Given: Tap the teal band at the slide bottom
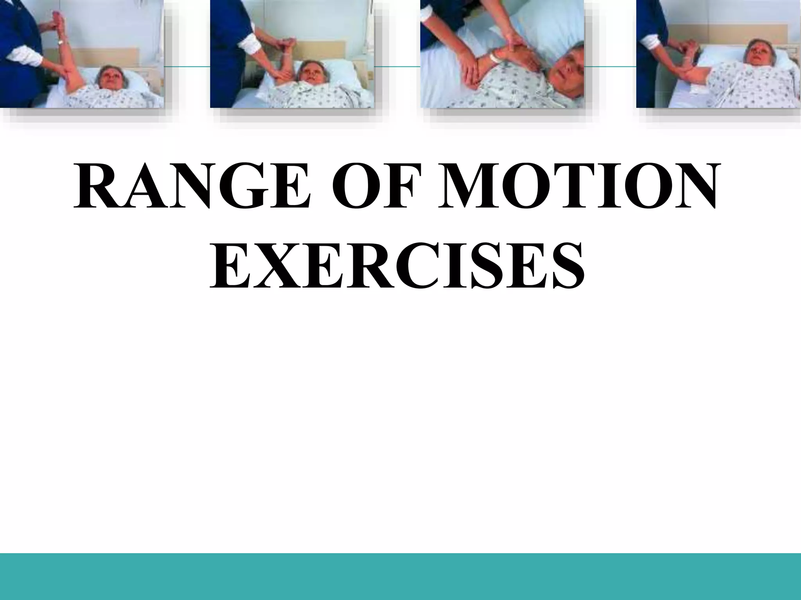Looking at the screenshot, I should [400, 576].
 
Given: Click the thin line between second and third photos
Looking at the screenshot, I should [397, 67].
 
